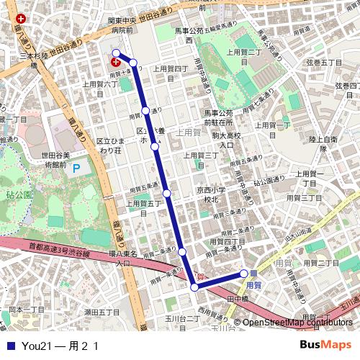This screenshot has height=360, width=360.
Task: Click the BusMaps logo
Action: pos(327,345)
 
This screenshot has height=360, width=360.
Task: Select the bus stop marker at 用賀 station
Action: pos(244,274)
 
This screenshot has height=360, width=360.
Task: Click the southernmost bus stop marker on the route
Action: pos(194,287)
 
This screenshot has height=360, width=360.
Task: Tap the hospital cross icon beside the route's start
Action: pos(115,63)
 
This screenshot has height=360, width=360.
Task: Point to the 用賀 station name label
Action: pos(253,284)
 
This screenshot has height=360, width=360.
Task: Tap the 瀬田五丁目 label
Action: pos(102,312)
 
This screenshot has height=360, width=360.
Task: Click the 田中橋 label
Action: pos(238,298)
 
